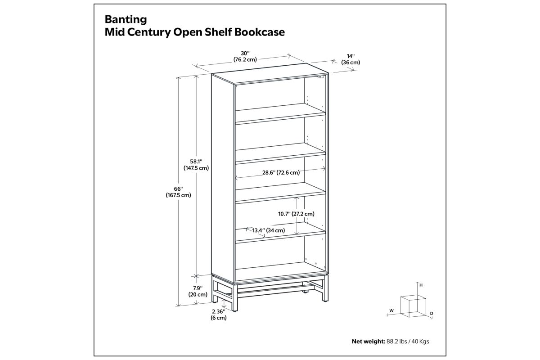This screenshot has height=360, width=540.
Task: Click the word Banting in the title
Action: click(126, 20)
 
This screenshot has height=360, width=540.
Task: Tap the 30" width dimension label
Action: click(245, 56)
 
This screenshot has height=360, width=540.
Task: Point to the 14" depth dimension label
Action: click(350, 59)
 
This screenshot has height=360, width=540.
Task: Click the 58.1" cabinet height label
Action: click(196, 165)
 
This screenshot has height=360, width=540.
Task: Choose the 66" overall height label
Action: click(178, 192)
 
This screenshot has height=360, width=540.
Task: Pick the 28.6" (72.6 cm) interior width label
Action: click(281, 173)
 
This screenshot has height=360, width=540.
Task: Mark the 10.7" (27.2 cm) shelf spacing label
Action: click(296, 214)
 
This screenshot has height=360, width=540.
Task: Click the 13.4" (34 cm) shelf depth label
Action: click(269, 230)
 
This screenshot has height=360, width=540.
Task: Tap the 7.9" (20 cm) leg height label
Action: click(198, 291)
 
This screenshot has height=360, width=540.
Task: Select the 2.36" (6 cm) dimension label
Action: click(219, 315)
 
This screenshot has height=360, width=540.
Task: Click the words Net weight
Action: click(369, 342)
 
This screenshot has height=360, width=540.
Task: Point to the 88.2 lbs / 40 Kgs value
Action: click(408, 342)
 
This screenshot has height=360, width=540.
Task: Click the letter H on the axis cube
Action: click(421, 285)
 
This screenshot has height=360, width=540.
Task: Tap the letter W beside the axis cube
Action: click(391, 310)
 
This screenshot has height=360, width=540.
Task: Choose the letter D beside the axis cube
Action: click(432, 314)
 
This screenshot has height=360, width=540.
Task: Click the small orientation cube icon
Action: click(413, 306)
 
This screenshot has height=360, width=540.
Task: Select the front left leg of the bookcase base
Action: click(235, 297)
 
